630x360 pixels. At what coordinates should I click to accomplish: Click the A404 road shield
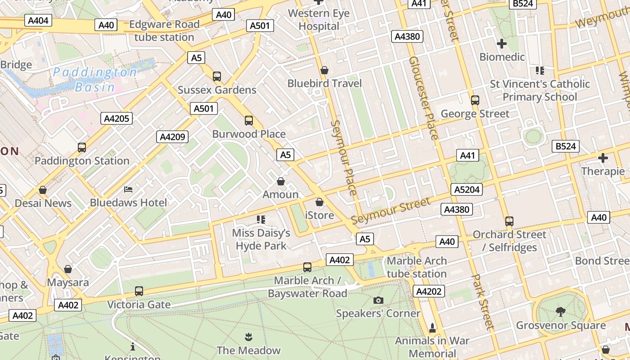[x=38, y=21]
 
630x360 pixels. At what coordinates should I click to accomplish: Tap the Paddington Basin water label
[x=94, y=79]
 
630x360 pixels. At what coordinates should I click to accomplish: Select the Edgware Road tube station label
[x=164, y=31]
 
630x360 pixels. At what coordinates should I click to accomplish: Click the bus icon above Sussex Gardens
[x=217, y=76]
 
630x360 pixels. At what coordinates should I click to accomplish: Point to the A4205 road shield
[x=117, y=119]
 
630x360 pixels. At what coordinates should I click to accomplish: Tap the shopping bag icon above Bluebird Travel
[x=324, y=70]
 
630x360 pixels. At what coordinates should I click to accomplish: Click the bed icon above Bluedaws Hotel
[x=128, y=189]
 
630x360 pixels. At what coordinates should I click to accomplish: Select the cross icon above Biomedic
[x=501, y=44]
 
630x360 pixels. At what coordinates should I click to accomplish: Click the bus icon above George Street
[x=475, y=100]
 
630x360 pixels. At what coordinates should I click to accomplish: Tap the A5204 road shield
[x=467, y=189]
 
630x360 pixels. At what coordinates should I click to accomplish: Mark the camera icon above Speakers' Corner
[x=378, y=300]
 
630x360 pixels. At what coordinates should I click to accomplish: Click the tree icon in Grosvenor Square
[x=560, y=311]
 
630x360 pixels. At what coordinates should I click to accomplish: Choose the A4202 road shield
[x=428, y=291]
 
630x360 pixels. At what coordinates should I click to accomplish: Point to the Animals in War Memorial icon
[x=432, y=328]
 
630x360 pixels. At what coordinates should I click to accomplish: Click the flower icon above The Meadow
[x=248, y=337]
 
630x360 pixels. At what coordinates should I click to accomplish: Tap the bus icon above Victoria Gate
[x=139, y=291]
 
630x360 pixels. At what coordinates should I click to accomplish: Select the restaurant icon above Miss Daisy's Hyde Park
[x=261, y=219]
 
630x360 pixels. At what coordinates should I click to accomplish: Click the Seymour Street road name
[x=390, y=211]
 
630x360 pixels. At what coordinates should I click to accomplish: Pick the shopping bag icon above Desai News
[x=43, y=190]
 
